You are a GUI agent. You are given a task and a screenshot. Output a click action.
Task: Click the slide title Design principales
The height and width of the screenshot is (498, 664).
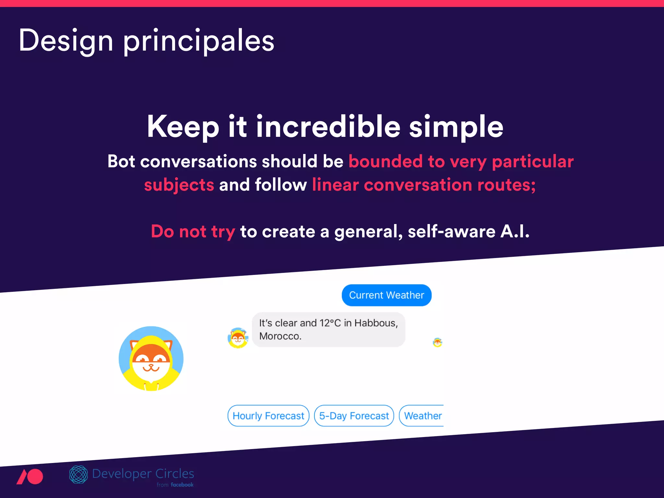point(147,41)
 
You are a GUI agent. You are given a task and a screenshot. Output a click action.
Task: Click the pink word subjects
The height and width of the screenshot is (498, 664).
point(179,185)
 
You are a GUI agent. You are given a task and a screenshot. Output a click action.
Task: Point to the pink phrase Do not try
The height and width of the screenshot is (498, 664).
point(193,231)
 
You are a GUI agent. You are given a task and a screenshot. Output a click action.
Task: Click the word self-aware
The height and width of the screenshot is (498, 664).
point(451,231)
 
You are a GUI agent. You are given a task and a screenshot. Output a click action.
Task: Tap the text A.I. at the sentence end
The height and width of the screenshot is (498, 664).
point(515,231)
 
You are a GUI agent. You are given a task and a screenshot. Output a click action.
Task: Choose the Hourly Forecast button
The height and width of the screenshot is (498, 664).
point(268,416)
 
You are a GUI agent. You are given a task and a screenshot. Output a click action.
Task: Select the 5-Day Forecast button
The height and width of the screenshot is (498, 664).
point(354,416)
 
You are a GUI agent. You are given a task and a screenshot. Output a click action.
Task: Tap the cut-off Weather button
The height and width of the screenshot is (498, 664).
point(422,416)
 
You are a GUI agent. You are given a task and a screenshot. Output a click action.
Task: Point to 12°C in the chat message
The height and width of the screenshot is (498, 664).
point(330,323)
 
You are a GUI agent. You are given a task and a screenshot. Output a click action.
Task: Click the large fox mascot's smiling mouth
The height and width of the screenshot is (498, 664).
point(151,368)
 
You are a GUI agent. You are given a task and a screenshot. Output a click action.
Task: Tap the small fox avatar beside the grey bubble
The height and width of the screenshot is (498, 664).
point(238,338)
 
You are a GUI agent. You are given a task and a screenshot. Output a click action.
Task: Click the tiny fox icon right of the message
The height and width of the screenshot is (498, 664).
point(437,342)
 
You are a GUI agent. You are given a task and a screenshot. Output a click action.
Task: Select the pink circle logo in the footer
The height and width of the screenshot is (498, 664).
point(34,477)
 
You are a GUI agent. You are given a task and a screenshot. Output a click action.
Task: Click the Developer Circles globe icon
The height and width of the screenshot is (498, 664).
point(78,475)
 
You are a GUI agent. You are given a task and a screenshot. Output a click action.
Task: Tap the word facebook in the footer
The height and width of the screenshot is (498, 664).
point(182,485)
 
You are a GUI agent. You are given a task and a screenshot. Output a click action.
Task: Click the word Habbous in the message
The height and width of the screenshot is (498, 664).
point(376,323)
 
